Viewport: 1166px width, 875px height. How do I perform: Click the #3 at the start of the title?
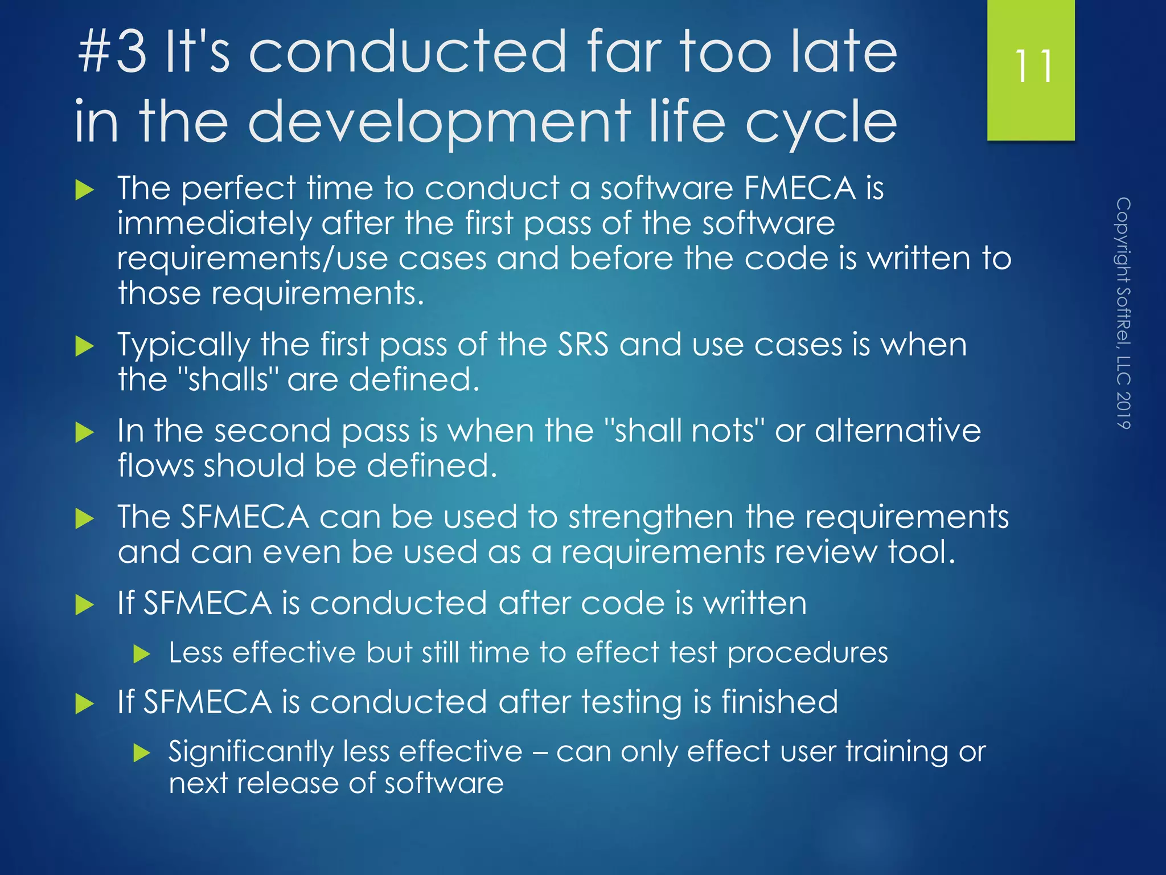(112, 52)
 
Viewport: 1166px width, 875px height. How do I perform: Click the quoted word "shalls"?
(227, 379)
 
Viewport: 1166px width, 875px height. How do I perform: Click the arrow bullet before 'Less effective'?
(141, 654)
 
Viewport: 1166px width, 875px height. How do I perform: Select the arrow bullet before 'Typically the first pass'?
(84, 346)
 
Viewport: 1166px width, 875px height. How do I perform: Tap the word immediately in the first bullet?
(214, 223)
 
